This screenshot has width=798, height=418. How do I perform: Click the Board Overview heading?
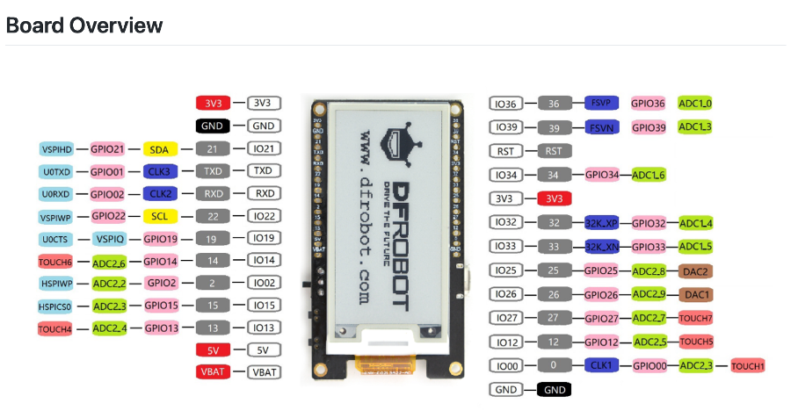(84, 25)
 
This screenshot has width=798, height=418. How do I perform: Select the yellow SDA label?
(159, 149)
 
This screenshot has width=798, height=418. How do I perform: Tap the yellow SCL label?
(159, 216)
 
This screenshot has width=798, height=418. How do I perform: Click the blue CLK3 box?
(159, 171)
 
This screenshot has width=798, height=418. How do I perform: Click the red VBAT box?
(213, 372)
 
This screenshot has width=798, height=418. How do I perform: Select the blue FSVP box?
(602, 104)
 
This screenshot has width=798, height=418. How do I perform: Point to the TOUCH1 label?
(748, 365)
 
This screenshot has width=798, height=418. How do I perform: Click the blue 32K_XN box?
(602, 248)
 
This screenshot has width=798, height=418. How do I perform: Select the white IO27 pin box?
(506, 318)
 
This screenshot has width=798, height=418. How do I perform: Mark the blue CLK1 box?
(602, 365)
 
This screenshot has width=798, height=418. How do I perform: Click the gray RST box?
(554, 151)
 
